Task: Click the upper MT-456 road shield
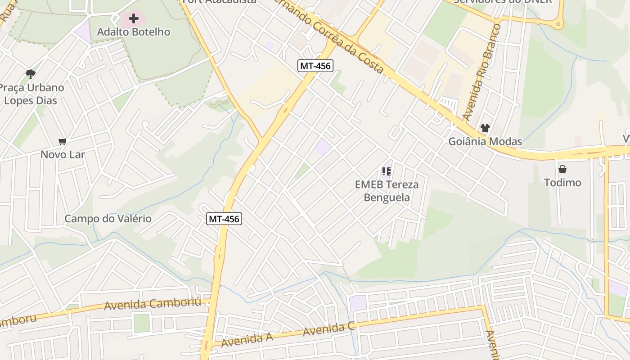click(x=315, y=66)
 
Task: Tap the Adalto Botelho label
click(x=134, y=32)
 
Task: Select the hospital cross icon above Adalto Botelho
click(x=134, y=18)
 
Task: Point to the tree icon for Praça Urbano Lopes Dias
click(x=31, y=74)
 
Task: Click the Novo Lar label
click(x=63, y=155)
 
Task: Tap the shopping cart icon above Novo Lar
click(x=63, y=142)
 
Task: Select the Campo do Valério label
click(x=108, y=219)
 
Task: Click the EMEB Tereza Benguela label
click(x=387, y=191)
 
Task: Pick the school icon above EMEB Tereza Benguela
click(x=387, y=171)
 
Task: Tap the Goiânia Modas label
click(x=485, y=142)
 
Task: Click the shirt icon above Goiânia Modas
click(x=485, y=128)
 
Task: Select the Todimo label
click(x=562, y=183)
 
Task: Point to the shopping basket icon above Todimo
click(x=562, y=170)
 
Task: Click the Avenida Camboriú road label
click(x=153, y=304)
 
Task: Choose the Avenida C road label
click(x=328, y=330)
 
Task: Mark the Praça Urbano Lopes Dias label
click(x=31, y=94)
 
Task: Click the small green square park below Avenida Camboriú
click(x=141, y=323)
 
